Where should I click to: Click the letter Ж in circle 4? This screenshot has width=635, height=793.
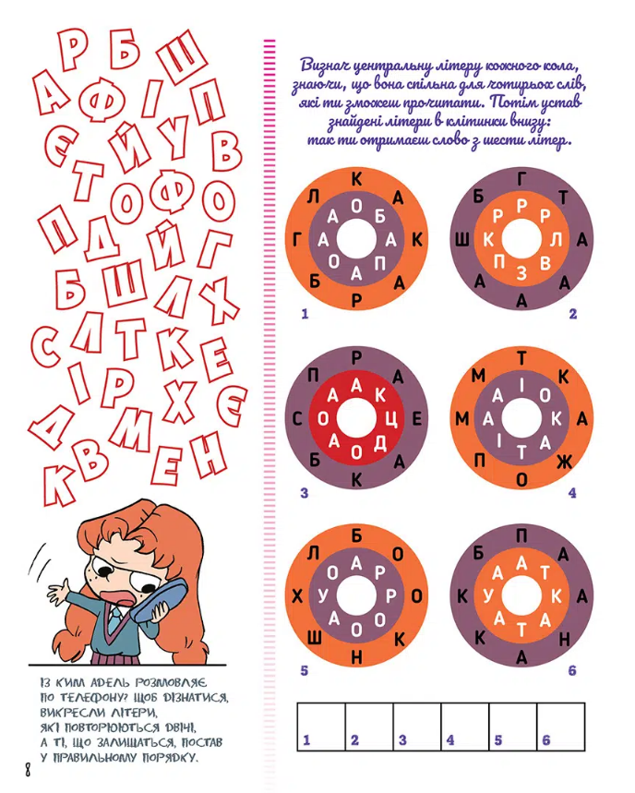(x=565, y=462)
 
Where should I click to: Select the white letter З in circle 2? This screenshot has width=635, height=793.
(x=521, y=273)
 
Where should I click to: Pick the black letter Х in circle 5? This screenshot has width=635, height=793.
(x=297, y=596)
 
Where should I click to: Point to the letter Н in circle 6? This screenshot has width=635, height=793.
(x=565, y=641)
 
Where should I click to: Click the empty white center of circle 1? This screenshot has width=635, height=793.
(x=356, y=239)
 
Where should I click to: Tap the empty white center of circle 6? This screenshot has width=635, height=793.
(x=521, y=596)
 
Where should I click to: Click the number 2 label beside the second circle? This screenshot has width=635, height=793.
(x=572, y=314)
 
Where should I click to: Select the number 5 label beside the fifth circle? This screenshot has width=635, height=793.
(x=305, y=670)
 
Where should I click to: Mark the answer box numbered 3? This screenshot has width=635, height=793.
(x=417, y=727)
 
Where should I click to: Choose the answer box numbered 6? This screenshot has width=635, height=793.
(x=560, y=727)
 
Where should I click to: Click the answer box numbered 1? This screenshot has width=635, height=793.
(x=321, y=727)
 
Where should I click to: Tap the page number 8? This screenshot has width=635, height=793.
(x=28, y=771)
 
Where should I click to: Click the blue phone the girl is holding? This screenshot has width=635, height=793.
(x=161, y=598)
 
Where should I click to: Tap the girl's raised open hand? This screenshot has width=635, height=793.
(x=60, y=593)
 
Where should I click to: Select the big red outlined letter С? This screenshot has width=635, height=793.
(x=47, y=347)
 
